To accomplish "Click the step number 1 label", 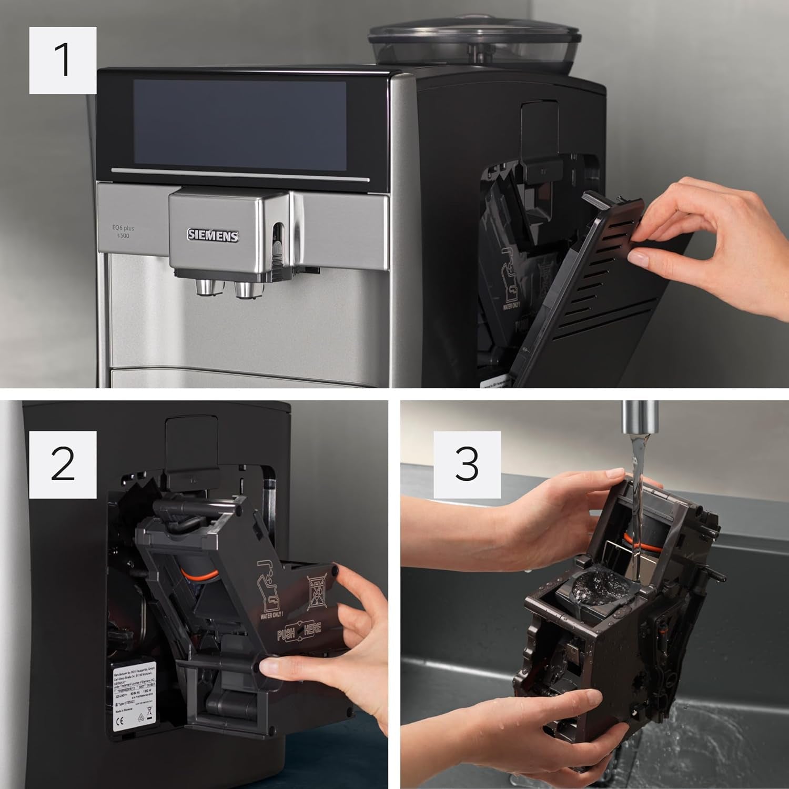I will (63, 60).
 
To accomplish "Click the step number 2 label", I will (63, 464).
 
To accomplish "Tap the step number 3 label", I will (467, 464).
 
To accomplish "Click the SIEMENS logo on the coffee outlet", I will (213, 236).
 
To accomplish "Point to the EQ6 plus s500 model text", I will (123, 232).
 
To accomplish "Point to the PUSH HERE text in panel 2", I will (298, 632).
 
